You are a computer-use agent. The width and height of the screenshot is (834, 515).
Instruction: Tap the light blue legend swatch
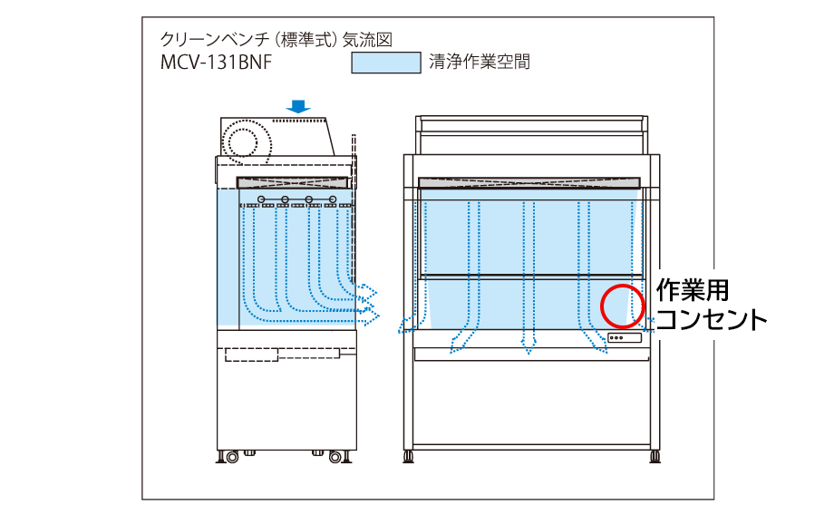click(x=385, y=63)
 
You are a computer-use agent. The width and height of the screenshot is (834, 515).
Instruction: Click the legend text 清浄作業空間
click(x=480, y=63)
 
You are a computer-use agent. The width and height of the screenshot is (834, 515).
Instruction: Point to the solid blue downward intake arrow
click(x=298, y=107)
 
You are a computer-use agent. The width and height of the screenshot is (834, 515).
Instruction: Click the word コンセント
click(x=711, y=320)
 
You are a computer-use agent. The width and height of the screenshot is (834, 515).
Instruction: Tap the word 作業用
click(x=693, y=291)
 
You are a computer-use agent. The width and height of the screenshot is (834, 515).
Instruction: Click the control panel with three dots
click(x=624, y=338)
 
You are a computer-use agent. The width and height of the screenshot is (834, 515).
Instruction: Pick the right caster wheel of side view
click(x=340, y=456)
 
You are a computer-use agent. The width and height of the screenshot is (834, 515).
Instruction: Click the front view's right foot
click(x=655, y=454)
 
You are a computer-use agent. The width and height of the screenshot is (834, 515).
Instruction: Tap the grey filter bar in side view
click(x=294, y=182)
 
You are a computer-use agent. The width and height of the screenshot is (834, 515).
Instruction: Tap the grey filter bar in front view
click(x=530, y=182)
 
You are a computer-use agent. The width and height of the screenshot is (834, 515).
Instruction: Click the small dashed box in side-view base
click(x=251, y=354)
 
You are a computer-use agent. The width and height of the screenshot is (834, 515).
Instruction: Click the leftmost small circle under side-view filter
click(x=261, y=199)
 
